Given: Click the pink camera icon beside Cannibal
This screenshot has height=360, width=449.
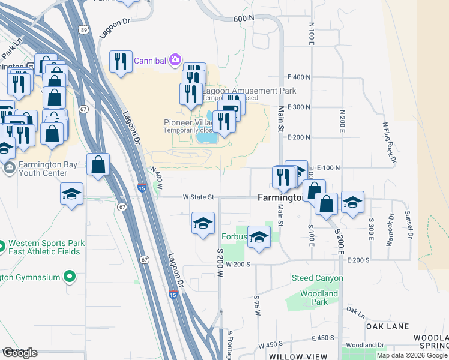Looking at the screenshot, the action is click(175, 59).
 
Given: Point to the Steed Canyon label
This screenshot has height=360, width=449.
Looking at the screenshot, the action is click(317, 278).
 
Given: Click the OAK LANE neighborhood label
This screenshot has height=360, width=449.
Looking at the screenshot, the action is click(387, 326).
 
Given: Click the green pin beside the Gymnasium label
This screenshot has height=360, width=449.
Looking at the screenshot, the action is click(70, 277).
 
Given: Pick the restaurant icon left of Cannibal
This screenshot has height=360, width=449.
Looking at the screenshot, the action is click(121, 61).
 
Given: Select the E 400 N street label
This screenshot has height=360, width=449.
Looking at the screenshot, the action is click(299, 77).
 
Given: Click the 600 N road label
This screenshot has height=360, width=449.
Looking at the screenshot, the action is click(243, 19).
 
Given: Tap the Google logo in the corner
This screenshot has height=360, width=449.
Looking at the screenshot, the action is click(20, 353).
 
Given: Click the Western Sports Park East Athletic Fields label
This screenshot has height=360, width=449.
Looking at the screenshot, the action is click(46, 248).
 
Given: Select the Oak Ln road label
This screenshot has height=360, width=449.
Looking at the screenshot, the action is click(355, 311).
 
